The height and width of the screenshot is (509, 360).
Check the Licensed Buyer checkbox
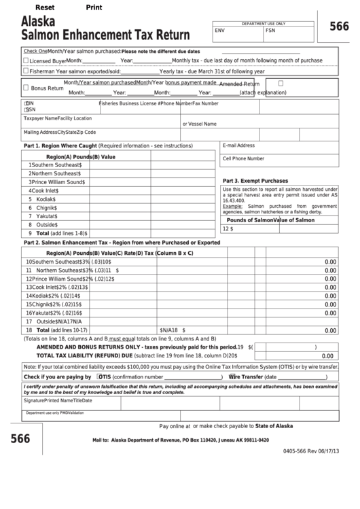click(x=26, y=60)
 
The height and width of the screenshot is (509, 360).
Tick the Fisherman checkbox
click(x=26, y=71)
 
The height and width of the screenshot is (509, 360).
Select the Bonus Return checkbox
click(x=26, y=88)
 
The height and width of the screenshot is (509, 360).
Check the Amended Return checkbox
click(x=281, y=83)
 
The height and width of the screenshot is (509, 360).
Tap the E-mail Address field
click(x=279, y=150)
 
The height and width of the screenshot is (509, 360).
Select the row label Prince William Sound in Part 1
click(x=58, y=182)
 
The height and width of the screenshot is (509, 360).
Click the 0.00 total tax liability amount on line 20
click(x=327, y=355)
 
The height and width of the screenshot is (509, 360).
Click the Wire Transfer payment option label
click(x=248, y=376)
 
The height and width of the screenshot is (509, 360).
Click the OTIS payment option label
click(x=105, y=376)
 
